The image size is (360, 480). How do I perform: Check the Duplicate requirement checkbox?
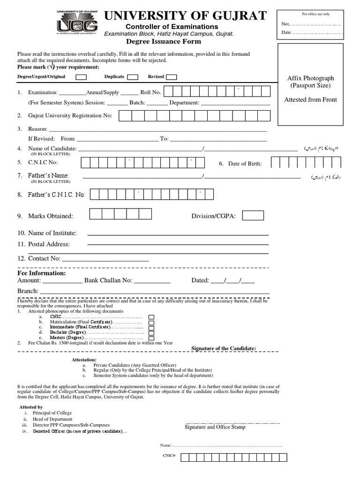pyautogui.click(x=133, y=77)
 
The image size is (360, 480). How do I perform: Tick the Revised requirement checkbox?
pyautogui.click(x=172, y=77)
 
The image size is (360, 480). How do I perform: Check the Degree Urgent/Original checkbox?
pyautogui.click(x=81, y=77)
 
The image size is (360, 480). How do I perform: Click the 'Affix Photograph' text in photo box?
pyautogui.click(x=310, y=78)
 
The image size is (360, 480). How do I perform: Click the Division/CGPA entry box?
pyautogui.click(x=253, y=215)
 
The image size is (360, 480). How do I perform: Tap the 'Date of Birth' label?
pyautogui.click(x=245, y=164)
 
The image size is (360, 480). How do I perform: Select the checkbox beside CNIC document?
pyautogui.click(x=151, y=317)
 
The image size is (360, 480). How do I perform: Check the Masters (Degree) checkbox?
pyautogui.click(x=151, y=337)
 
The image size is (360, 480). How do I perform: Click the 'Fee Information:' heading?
pyautogui.click(x=41, y=273)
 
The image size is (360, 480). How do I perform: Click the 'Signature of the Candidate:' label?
pyautogui.click(x=224, y=348)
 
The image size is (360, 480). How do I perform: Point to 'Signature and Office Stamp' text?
pyautogui.click(x=215, y=427)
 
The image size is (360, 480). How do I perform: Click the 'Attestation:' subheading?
pyautogui.click(x=83, y=359)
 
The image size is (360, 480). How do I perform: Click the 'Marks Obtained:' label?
pyautogui.click(x=50, y=216)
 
